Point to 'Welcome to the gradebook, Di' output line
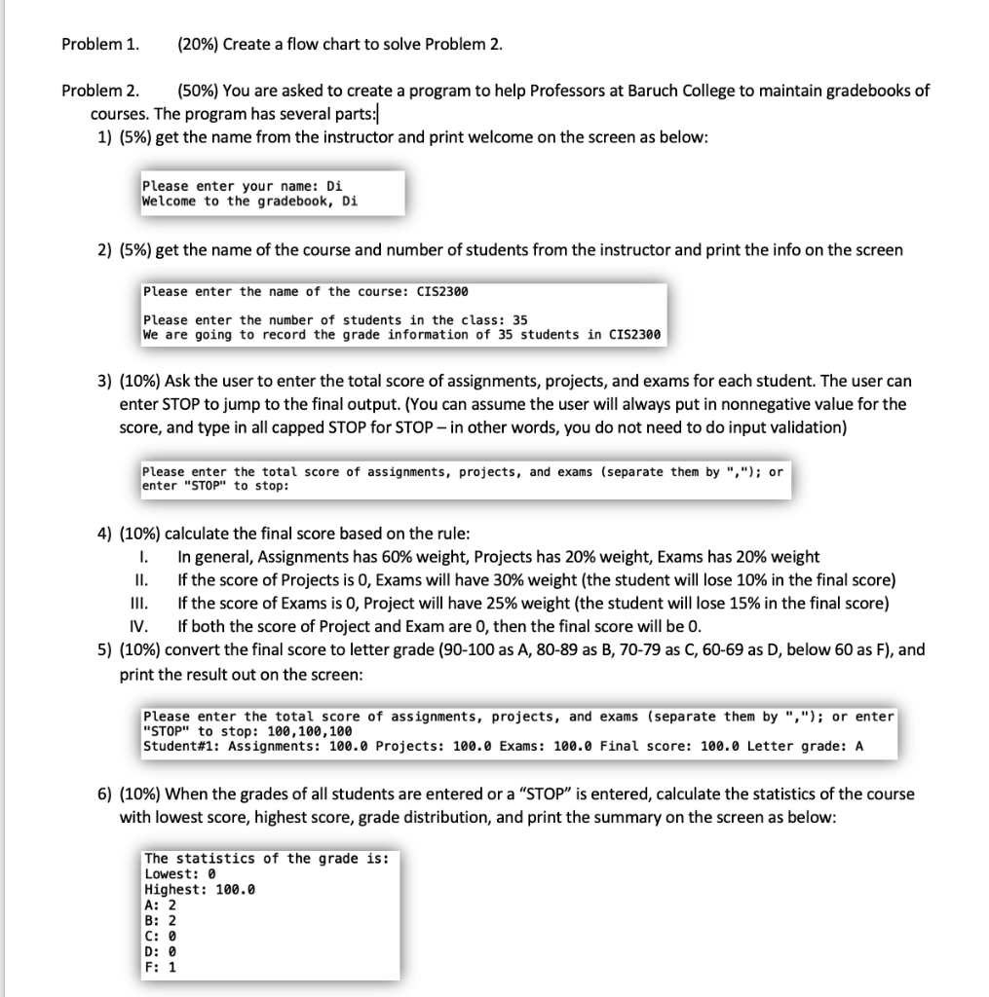pos(249,202)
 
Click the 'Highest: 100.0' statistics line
pos(199,890)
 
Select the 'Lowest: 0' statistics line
pos(178,874)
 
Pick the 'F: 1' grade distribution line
pos(160,968)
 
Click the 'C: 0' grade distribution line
pos(160,937)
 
